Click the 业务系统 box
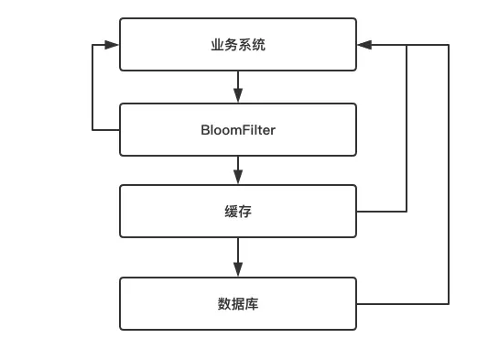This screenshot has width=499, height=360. tap(238, 45)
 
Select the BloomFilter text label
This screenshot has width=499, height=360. tap(238, 130)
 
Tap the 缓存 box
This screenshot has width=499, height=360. tap(238, 212)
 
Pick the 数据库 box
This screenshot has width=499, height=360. tap(238, 303)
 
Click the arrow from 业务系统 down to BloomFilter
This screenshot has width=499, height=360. tap(238, 87)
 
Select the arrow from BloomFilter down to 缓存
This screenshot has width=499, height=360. tap(238, 169)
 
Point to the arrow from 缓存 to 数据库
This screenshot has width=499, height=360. tap(238, 256)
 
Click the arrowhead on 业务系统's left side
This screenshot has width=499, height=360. tap(112, 44)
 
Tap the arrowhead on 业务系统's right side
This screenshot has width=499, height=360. tap(364, 44)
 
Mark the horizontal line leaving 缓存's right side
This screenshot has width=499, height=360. tap(381, 212)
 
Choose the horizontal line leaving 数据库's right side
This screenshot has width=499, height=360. tap(403, 303)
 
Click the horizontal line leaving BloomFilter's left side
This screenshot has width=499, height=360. tap(106, 130)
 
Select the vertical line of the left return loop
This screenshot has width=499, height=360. tap(93, 87)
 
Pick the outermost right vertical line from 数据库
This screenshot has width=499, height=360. tap(449, 174)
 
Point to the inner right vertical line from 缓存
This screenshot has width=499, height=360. tap(407, 128)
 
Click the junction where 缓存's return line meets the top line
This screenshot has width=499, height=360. tap(407, 44)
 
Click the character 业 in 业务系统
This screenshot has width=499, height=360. tap(217, 45)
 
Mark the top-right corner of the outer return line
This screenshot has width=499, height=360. tap(449, 44)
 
